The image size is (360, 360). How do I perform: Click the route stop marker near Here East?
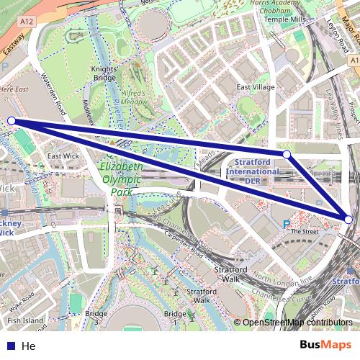11,121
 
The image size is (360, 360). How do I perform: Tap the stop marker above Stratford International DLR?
287,154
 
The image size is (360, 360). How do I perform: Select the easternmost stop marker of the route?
349,220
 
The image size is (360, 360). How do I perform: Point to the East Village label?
256,87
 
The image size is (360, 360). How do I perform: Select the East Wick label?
63,156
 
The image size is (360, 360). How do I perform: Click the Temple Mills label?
284,19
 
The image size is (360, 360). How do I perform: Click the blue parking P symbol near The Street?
287,225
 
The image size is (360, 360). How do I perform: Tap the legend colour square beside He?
12,346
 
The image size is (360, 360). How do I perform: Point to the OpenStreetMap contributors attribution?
297,323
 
